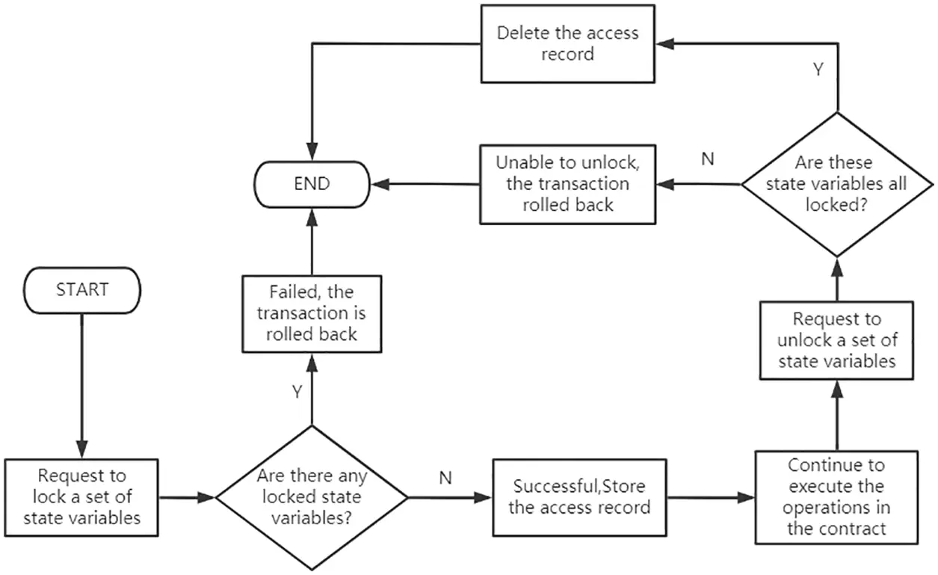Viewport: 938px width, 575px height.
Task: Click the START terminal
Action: click(x=82, y=290)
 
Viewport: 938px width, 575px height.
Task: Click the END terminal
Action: click(x=312, y=182)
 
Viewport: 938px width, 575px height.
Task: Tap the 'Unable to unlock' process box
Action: click(x=567, y=183)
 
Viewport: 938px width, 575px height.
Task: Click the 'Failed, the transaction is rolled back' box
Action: click(x=312, y=313)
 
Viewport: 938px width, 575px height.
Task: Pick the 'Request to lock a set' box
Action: click(x=82, y=496)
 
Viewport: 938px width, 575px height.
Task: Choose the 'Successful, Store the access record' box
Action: click(x=579, y=496)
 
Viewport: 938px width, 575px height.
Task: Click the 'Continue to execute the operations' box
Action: click(x=836, y=496)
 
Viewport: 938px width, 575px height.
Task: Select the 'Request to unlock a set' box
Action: click(x=836, y=340)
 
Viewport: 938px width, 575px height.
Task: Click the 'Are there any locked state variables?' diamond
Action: click(x=312, y=497)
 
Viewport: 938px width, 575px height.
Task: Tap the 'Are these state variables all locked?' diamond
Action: click(x=836, y=184)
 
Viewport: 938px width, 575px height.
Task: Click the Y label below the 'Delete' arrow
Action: click(x=818, y=70)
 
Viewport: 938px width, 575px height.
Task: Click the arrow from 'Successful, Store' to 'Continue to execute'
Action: click(x=710, y=496)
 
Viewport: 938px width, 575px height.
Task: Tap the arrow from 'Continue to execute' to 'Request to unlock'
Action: click(x=836, y=415)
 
